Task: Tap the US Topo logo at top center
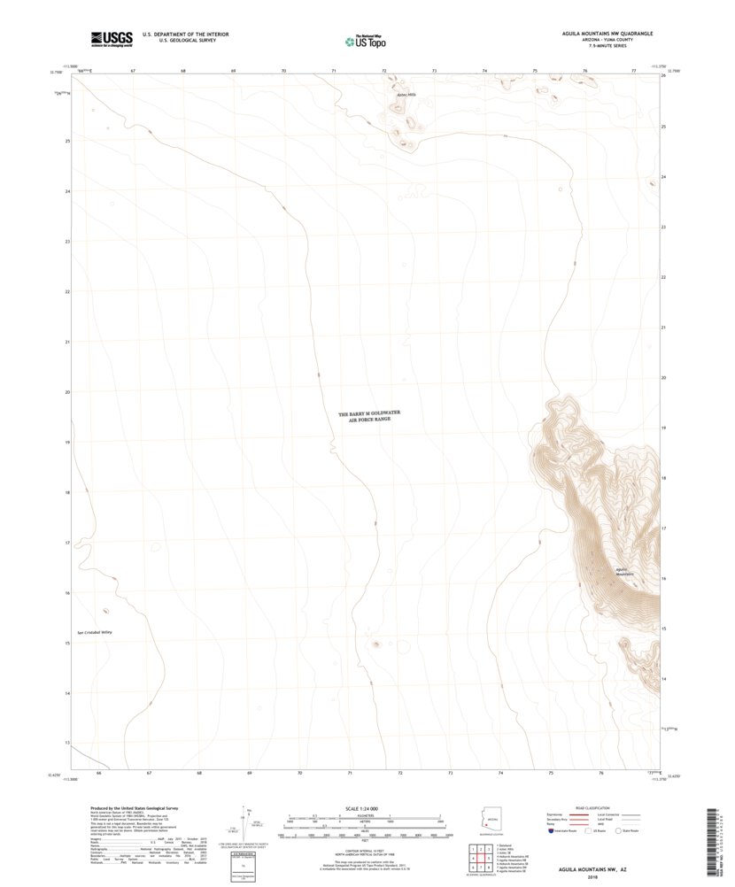(365, 39)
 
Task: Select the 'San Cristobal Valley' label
(95, 633)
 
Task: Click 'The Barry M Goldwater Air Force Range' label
(364, 416)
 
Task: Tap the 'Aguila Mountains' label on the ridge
(626, 571)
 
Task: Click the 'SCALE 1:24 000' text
(365, 807)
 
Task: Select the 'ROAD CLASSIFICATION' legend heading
(594, 808)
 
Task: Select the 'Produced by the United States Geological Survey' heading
(133, 808)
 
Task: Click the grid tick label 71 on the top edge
(334, 69)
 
